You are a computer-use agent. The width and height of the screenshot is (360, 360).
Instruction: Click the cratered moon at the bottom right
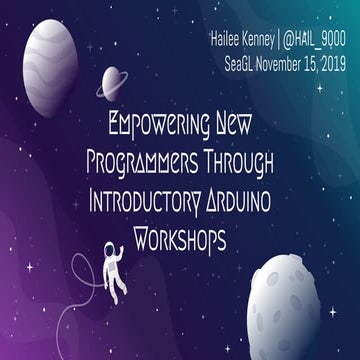pos(302,300)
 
